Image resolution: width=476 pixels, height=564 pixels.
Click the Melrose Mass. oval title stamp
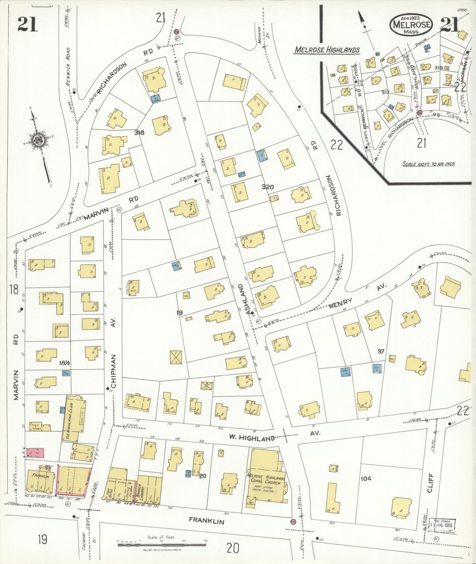tap(411, 25)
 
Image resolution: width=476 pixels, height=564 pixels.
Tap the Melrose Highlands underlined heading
tap(327, 50)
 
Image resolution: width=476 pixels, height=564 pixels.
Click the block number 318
tap(139, 133)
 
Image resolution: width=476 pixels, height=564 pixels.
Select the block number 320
tap(267, 187)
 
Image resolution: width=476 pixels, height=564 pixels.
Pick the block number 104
tap(366, 478)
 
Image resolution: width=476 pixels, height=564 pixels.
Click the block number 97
tap(381, 351)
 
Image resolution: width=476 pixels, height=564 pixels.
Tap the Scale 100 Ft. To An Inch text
tap(429, 164)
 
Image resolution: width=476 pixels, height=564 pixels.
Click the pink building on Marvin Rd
tap(35, 452)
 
